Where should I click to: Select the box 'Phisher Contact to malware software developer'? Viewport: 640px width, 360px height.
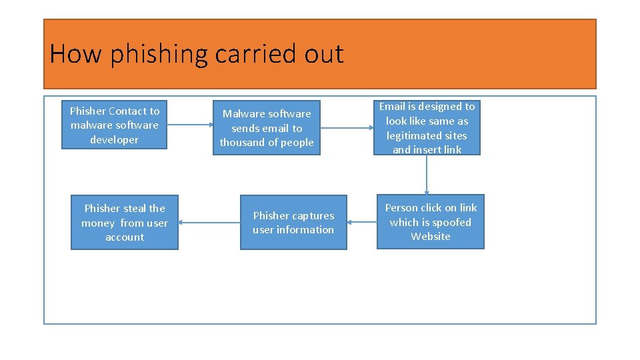[x=114, y=125]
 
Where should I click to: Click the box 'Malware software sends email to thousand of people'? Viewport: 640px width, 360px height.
[x=267, y=127]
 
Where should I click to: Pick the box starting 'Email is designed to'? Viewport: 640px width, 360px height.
[x=427, y=127]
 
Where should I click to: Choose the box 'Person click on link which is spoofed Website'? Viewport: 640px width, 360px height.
[x=430, y=222]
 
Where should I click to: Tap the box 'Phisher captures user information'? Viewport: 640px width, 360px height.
[x=293, y=222]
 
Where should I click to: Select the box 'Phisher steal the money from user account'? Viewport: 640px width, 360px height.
[x=125, y=222]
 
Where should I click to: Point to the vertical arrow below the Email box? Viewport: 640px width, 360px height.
[x=427, y=175]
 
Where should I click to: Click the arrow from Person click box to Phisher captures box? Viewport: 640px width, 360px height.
[x=362, y=223]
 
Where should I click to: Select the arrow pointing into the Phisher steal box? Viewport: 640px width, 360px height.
[x=209, y=223]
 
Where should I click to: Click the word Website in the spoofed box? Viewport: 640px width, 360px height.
[x=431, y=237]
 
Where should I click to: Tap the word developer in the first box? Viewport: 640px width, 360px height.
[x=115, y=140]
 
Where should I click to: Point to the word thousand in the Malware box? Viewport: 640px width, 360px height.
[x=241, y=143]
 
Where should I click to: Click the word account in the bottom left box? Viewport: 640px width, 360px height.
[x=125, y=237]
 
